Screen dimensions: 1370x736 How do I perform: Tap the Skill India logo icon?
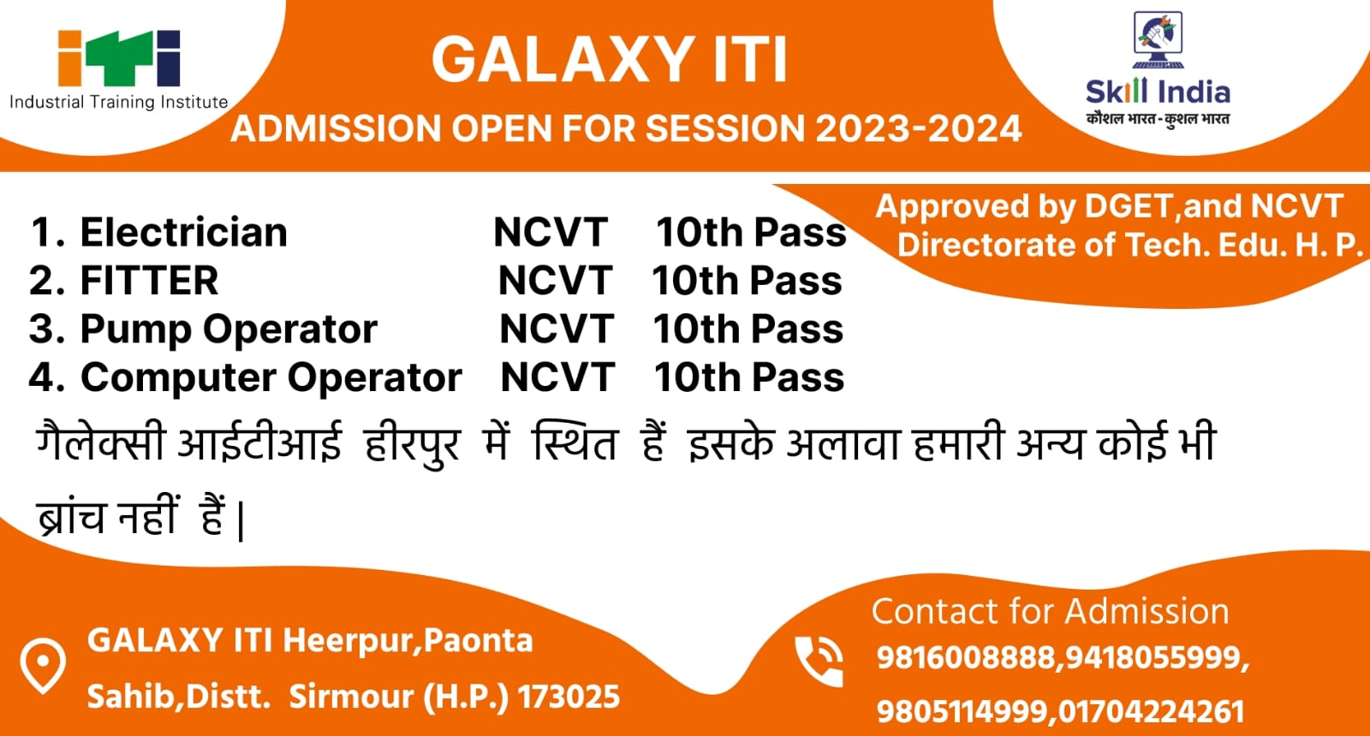coord(1158,39)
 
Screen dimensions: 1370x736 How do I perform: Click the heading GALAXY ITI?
coord(609,59)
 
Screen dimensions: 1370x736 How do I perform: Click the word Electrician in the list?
coord(183,232)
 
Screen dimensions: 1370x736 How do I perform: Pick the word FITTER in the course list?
coord(149,281)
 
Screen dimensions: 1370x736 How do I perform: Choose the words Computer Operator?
coord(271,377)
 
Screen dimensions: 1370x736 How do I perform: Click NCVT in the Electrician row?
coord(551,232)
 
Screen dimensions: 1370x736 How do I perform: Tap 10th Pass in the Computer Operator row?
coord(749,377)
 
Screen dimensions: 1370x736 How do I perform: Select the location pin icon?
coord(43,667)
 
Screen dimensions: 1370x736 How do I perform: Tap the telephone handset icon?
coord(819,662)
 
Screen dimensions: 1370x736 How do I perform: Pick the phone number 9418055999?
coord(1153,658)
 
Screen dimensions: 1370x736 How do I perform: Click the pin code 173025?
coord(569,697)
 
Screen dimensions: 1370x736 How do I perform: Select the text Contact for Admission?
coord(1050,611)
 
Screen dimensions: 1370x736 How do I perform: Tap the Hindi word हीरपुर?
coord(411,443)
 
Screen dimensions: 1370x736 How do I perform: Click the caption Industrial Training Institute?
coord(119,102)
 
